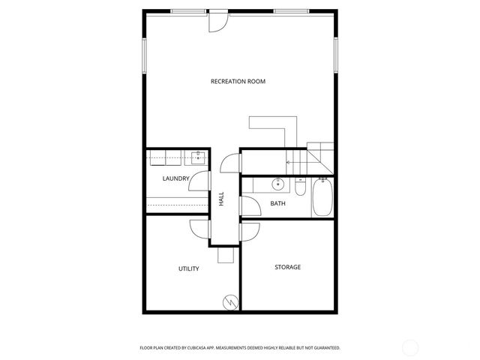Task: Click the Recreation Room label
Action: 238,81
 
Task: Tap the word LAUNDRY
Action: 175,178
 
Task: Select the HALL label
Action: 221,199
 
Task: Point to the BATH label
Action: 277,203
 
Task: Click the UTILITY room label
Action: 188,268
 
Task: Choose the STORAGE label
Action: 287,267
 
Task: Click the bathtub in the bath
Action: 323,197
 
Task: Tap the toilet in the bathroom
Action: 300,187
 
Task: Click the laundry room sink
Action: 198,157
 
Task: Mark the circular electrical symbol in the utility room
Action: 230,303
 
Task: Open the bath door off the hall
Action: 250,206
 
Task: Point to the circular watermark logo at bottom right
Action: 410,347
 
